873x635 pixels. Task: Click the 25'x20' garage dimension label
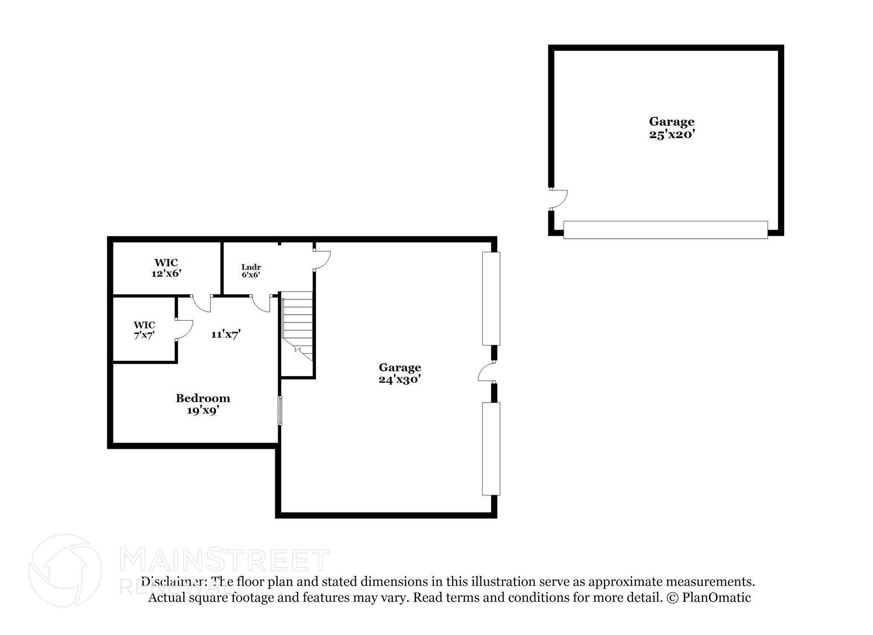click(x=672, y=135)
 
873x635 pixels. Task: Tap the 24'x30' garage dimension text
click(x=400, y=380)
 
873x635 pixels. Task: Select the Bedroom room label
click(x=203, y=398)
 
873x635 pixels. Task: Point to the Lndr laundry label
click(x=251, y=267)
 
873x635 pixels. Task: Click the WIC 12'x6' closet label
click(x=166, y=268)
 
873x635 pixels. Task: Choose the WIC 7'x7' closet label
click(x=144, y=330)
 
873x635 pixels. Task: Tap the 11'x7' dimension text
click(x=226, y=334)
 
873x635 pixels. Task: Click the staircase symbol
click(x=298, y=326)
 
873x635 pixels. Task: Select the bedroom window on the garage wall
click(x=280, y=410)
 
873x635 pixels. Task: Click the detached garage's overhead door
click(x=665, y=230)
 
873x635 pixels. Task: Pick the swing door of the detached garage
click(x=559, y=200)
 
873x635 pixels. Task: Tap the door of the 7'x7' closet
click(x=185, y=329)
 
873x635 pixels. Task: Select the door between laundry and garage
click(x=322, y=260)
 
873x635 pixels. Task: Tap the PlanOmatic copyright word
click(x=716, y=597)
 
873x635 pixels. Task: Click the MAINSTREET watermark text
click(x=225, y=560)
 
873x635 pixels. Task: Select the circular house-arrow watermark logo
click(x=65, y=571)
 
